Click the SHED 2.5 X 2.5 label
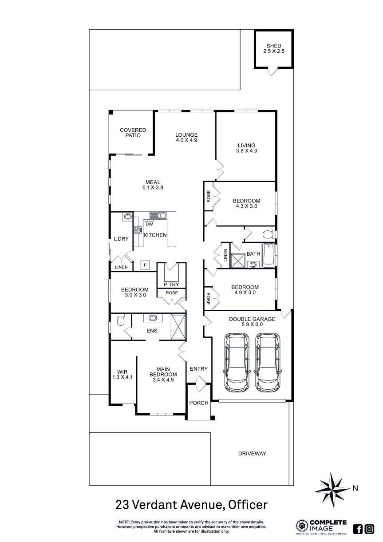pyautogui.click(x=273, y=49)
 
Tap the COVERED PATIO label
pyautogui.click(x=133, y=133)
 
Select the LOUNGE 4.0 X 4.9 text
pyautogui.click(x=186, y=138)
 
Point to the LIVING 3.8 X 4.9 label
pyautogui.click(x=246, y=148)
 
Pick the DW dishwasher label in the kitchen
pyautogui.click(x=150, y=224)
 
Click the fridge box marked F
pyautogui.click(x=144, y=265)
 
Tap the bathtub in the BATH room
pyautogui.click(x=268, y=255)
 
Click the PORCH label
pyautogui.click(x=198, y=403)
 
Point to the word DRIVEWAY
pyautogui.click(x=252, y=453)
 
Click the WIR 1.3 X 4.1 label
pyautogui.click(x=122, y=374)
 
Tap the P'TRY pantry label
pyautogui.click(x=171, y=284)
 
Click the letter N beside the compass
pyautogui.click(x=355, y=489)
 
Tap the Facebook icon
pyautogui.click(x=358, y=529)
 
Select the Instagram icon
pyautogui.click(x=369, y=529)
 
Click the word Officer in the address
pyautogui.click(x=248, y=505)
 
